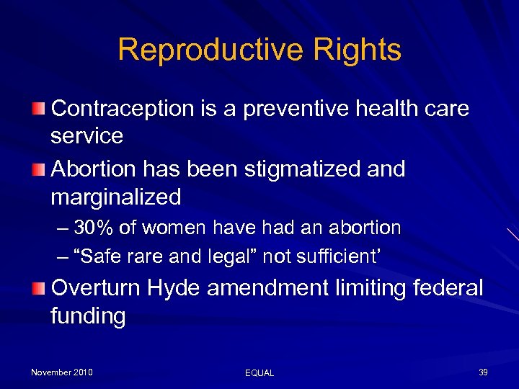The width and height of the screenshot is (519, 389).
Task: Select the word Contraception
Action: (x=121, y=109)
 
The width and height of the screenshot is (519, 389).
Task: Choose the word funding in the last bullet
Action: (x=88, y=316)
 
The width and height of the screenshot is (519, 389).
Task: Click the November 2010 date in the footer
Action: (x=61, y=372)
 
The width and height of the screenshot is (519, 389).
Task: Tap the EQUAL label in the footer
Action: (x=259, y=372)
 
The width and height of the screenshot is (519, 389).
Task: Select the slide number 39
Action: (x=483, y=372)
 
